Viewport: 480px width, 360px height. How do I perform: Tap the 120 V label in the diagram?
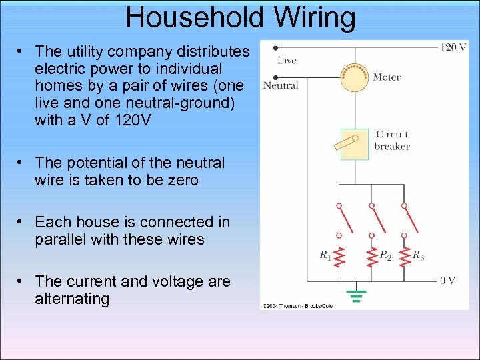pos(454,47)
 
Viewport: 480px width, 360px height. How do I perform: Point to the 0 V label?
pos(447,281)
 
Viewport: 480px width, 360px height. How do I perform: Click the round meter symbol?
pos(355,77)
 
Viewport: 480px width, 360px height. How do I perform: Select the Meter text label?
pos(387,77)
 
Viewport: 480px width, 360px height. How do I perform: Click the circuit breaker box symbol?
pos(355,144)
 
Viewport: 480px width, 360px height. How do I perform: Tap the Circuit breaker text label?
pos(392,140)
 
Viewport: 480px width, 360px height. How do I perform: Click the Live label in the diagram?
pos(287,61)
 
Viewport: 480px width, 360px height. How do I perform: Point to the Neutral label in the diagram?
pos(281,85)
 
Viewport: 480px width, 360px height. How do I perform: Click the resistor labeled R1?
pos(339,256)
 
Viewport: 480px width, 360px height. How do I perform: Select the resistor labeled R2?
pos(371,256)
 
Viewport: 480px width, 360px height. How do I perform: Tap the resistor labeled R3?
pos(403,256)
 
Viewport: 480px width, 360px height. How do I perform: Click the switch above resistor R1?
pos(340,220)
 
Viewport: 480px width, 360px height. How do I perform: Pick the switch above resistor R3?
pos(404,220)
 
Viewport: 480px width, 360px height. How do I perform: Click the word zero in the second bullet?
pos(181,180)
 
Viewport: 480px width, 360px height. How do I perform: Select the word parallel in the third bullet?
pos(62,239)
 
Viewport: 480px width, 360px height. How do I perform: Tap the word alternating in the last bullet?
pos(72,299)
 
